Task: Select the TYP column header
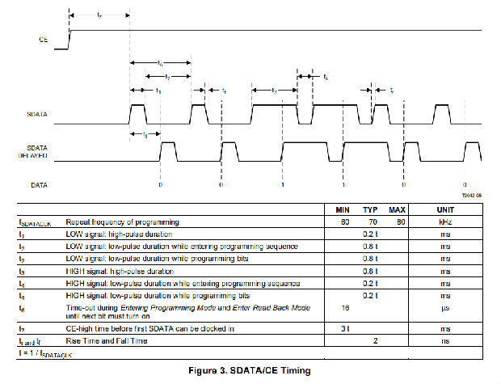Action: [372, 209]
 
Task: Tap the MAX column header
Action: [398, 209]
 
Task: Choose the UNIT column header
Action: [446, 209]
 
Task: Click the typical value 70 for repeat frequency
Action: [372, 221]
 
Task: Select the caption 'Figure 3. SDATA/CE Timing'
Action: [249, 370]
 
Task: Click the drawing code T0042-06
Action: [472, 195]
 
